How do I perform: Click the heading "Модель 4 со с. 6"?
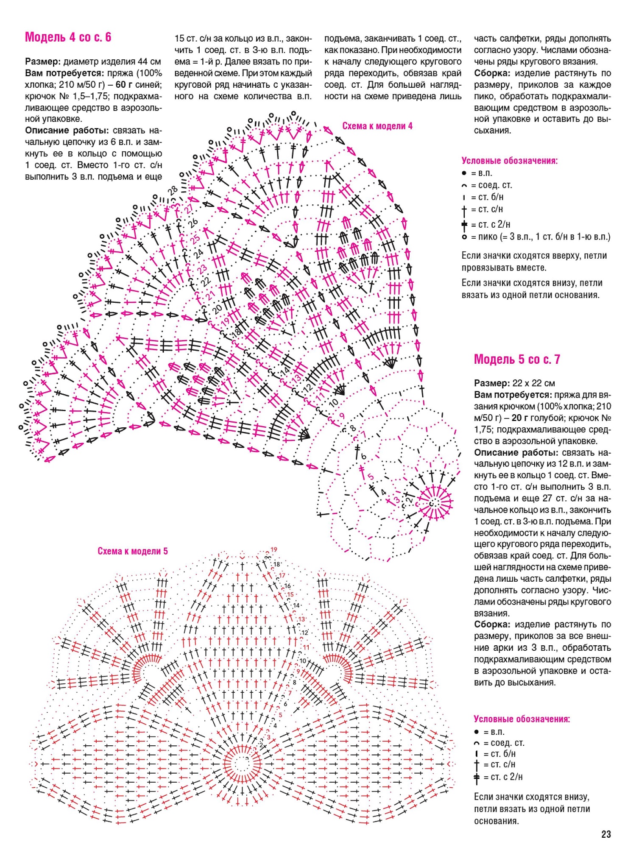[x=68, y=37]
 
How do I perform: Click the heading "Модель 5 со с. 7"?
[x=517, y=360]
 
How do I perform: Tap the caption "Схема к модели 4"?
[x=377, y=126]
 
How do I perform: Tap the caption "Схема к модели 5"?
[x=133, y=551]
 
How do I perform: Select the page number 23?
[x=606, y=834]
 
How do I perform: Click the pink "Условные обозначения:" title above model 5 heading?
[x=509, y=161]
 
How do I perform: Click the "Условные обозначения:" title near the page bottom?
[x=522, y=719]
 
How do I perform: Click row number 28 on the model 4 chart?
[x=173, y=191]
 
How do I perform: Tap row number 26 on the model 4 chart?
[x=193, y=222]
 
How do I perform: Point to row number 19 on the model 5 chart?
[x=274, y=550]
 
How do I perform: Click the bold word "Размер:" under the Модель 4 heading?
[x=43, y=61]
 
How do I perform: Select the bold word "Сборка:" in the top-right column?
[x=492, y=73]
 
